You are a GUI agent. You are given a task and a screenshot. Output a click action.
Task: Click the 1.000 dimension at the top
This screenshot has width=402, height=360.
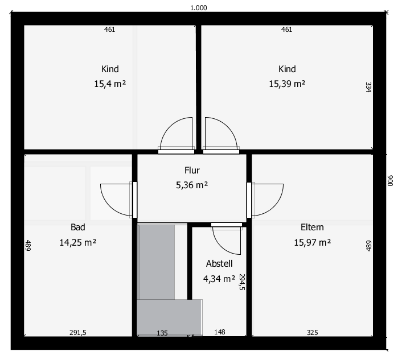198,8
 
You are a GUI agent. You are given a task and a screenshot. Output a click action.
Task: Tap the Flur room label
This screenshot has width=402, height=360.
192,170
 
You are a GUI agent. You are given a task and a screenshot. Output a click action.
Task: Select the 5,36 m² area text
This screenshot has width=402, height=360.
192,185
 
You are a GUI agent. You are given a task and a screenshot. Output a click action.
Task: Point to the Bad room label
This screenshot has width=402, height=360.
77,227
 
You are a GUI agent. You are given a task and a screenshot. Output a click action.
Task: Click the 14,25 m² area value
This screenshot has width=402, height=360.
77,242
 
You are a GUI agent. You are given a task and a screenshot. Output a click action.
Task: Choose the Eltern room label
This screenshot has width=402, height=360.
312,227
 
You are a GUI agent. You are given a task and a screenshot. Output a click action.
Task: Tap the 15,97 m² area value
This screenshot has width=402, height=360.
312,242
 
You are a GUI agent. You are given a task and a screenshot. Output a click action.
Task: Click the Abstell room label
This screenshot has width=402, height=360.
219,263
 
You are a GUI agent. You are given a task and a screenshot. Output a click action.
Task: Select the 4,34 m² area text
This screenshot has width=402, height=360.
219,279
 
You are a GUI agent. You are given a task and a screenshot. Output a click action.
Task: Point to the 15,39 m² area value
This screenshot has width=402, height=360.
287,84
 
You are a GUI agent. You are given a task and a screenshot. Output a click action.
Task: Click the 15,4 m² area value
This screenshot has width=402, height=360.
110,84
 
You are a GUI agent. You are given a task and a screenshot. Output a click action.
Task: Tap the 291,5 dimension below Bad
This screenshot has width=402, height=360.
77,332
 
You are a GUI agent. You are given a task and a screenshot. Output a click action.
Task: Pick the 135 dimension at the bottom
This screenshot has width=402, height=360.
162,333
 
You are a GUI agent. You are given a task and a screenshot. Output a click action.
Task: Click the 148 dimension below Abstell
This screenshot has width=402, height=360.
220,332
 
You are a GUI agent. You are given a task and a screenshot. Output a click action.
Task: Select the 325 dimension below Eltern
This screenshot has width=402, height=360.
312,332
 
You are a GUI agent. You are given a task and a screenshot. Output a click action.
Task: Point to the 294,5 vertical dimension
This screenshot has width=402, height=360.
242,282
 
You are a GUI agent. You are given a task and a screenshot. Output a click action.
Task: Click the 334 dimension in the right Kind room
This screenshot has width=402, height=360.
368,87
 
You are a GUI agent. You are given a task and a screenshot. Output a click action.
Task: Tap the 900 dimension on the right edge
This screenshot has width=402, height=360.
389,180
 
